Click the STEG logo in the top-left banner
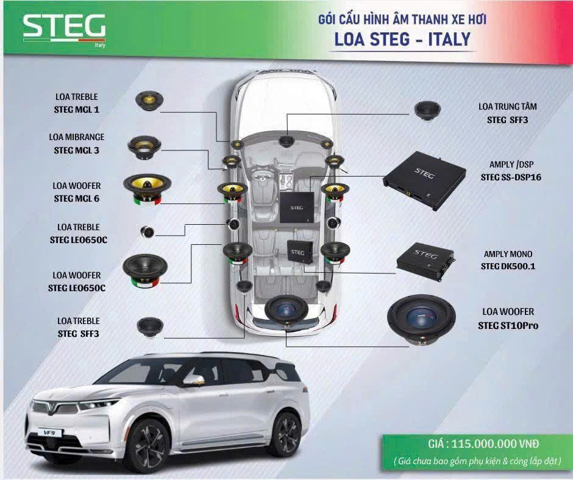tap(65, 29)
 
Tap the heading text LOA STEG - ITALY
tap(402, 40)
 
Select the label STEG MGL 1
tap(76, 110)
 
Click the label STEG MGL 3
tap(76, 150)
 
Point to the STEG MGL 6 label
tap(76, 199)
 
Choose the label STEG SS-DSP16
tap(511, 177)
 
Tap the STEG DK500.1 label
tap(508, 267)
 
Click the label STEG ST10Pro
tap(508, 325)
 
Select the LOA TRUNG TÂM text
tap(508, 107)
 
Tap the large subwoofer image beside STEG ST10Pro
tap(421, 320)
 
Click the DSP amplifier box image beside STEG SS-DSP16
tap(425, 180)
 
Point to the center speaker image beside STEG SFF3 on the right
tap(427, 110)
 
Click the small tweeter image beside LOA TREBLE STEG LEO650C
tap(148, 231)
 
